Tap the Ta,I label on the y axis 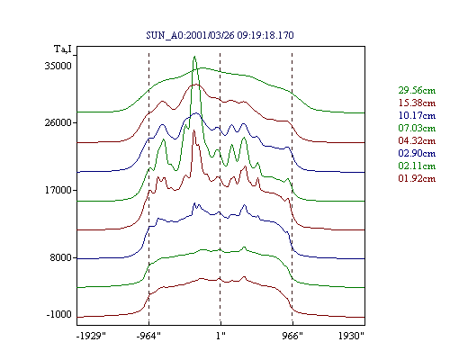[x=63, y=49]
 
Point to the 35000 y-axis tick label [x=58, y=66]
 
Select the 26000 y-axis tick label [x=58, y=122]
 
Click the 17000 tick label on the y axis [x=58, y=190]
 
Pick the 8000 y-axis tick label [x=61, y=257]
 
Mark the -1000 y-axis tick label [x=59, y=315]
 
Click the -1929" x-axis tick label [x=91, y=336]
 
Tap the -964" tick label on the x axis [x=148, y=336]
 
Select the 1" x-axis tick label [x=220, y=336]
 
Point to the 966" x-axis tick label [x=292, y=336]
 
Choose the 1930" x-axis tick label [x=351, y=336]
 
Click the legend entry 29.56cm [x=417, y=90]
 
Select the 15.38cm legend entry [x=417, y=103]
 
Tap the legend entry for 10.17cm [x=417, y=115]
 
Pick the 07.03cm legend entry [x=417, y=128]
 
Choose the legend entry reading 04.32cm [x=417, y=140]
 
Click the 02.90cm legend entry [x=417, y=153]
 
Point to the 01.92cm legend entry [x=417, y=178]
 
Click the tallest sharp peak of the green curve [x=194, y=57]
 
